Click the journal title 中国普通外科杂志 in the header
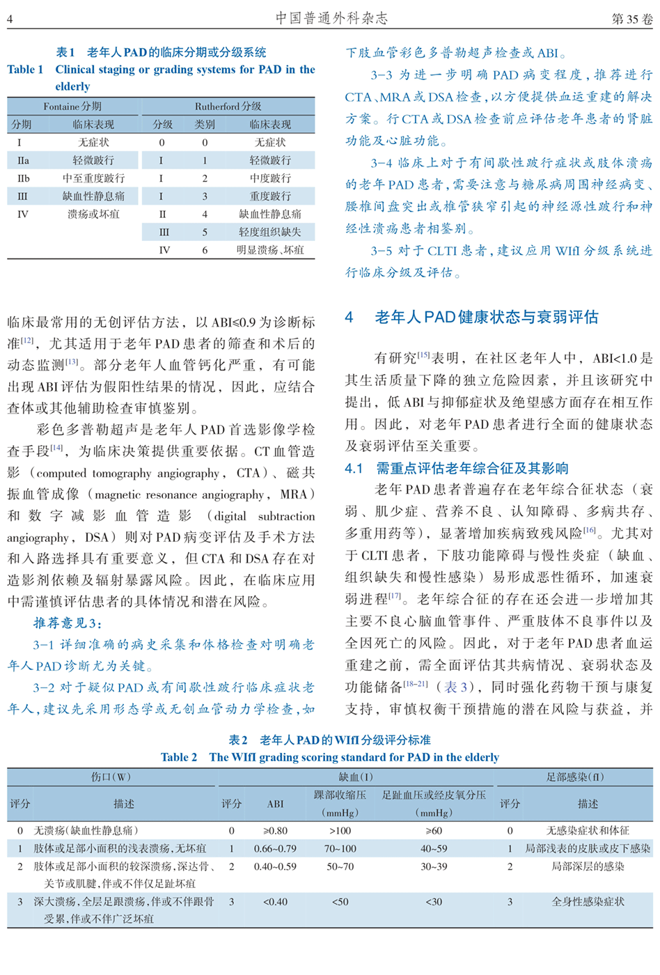[331, 18]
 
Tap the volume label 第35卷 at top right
[631, 19]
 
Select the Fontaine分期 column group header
[72, 107]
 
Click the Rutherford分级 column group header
[228, 107]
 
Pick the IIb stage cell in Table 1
[23, 178]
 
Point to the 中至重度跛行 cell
[93, 178]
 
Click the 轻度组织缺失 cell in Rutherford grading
[270, 232]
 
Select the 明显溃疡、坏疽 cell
[270, 250]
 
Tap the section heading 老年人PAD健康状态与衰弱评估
[486, 318]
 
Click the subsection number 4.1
[354, 469]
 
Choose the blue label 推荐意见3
[68, 623]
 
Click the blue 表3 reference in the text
[451, 687]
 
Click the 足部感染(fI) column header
[575, 777]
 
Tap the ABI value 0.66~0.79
[275, 849]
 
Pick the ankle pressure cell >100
[340, 831]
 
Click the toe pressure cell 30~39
[433, 867]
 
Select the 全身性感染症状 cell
[588, 902]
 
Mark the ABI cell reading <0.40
[275, 902]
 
